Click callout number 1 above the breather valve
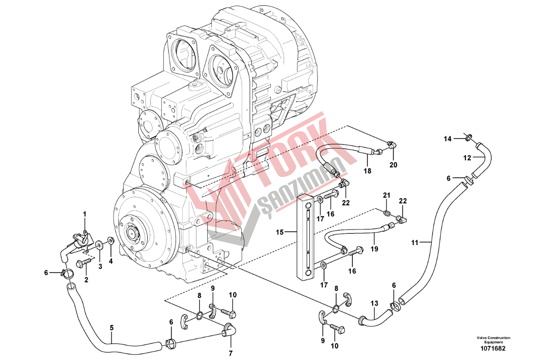tap(84, 214)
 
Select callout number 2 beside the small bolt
tap(86, 280)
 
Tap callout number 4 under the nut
tap(111, 260)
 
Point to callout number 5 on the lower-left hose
tap(112, 328)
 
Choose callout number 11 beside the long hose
tap(415, 242)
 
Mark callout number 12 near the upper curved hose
tap(467, 158)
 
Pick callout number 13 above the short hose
tap(374, 304)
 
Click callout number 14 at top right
tap(448, 139)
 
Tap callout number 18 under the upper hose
tap(368, 171)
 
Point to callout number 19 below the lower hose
tap(374, 248)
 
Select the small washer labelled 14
tap(469, 136)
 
